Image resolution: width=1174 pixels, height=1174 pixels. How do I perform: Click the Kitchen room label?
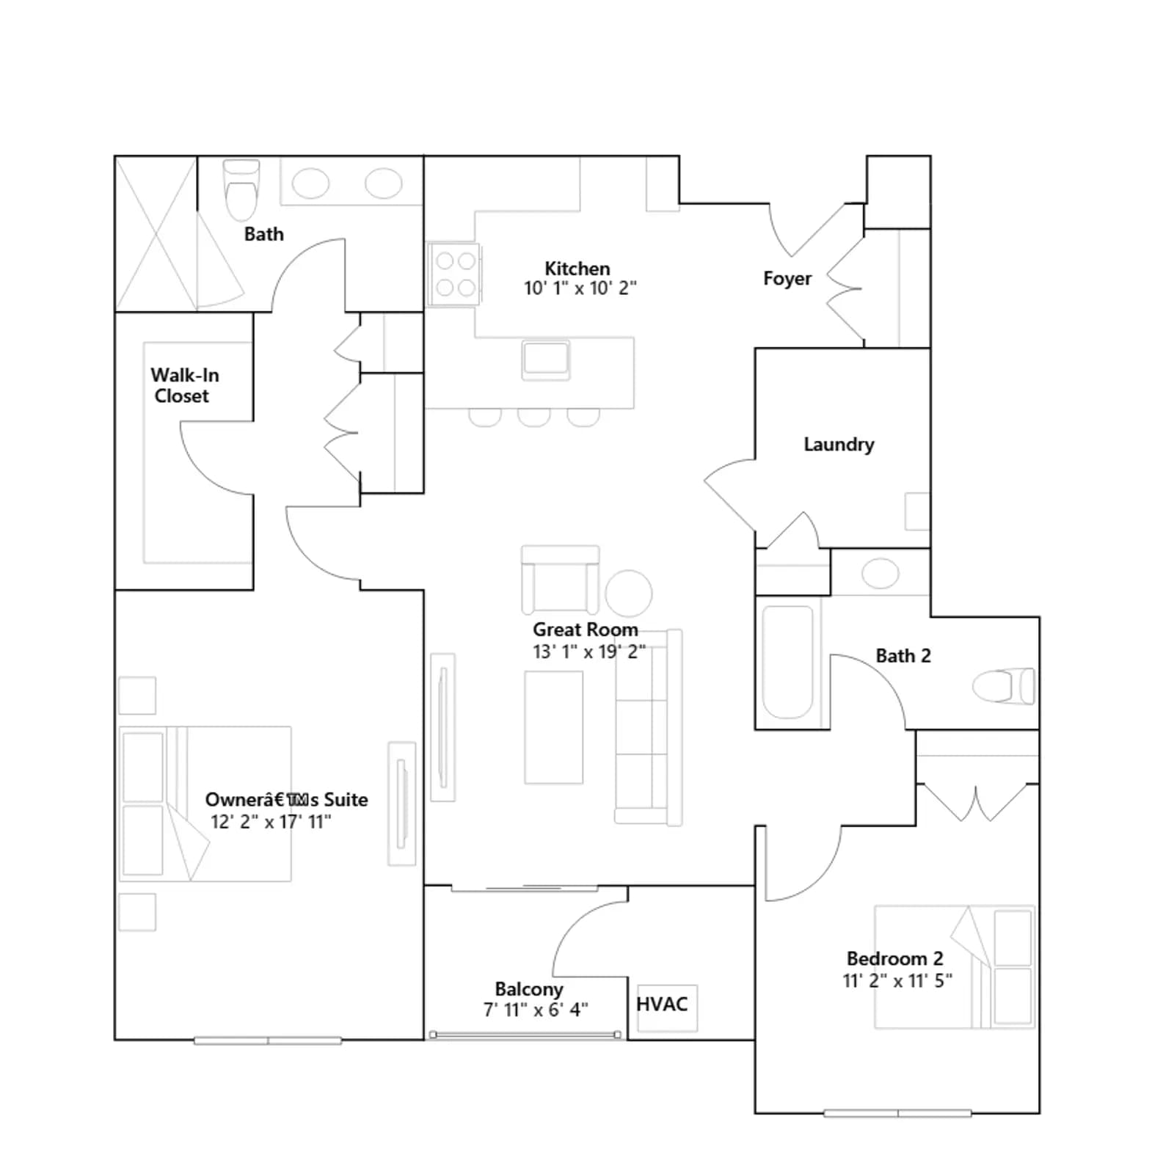(x=577, y=269)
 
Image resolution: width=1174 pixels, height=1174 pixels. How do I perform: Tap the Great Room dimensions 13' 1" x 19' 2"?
(x=589, y=652)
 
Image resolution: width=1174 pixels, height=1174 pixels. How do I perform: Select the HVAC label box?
(x=667, y=1007)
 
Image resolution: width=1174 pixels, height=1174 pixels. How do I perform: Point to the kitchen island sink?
(x=546, y=360)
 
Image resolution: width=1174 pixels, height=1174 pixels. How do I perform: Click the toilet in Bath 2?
(x=1004, y=687)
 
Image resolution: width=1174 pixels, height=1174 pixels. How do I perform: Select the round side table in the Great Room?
(x=628, y=594)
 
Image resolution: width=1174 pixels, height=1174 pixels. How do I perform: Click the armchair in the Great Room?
(x=561, y=580)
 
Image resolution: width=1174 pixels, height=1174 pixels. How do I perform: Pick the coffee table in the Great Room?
(x=554, y=727)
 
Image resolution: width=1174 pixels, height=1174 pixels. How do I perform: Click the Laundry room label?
(x=839, y=445)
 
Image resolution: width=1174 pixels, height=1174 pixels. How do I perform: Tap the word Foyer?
(x=787, y=279)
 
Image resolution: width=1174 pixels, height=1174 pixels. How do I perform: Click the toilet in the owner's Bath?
(x=241, y=190)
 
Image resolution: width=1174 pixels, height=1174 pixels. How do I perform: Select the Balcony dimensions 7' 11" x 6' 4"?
(x=536, y=1010)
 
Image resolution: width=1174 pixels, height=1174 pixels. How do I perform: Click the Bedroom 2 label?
(x=895, y=958)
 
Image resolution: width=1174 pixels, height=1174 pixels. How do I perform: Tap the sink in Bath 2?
(x=880, y=573)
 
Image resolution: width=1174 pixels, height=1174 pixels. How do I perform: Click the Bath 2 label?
(x=903, y=656)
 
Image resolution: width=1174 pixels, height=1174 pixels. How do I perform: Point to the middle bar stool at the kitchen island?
(x=533, y=417)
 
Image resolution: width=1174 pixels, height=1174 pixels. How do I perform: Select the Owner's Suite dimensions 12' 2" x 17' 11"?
(x=271, y=822)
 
